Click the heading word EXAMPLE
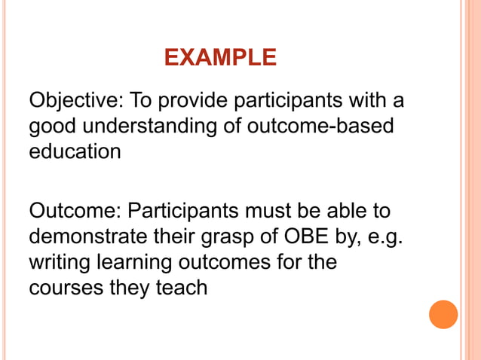point(220,57)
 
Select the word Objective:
point(76,101)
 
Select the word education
point(75,151)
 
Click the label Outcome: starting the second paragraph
point(75,211)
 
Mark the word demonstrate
point(94,236)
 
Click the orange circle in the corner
point(443,314)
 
